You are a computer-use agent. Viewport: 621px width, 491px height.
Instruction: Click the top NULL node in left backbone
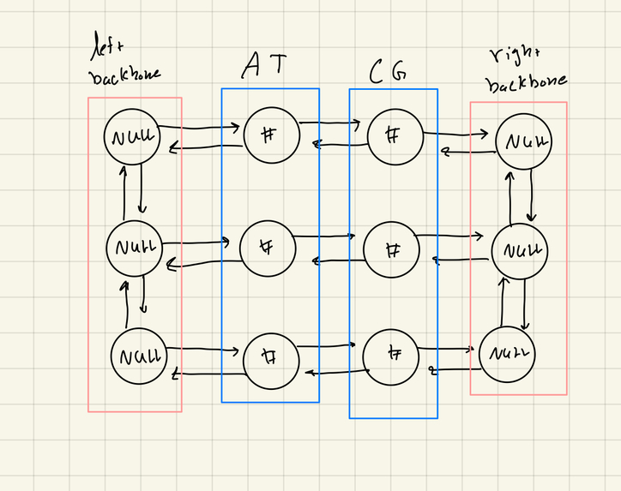pos(132,137)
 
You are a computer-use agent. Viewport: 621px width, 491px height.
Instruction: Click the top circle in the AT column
pos(271,134)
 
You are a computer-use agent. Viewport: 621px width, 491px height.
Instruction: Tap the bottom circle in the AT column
pos(270,359)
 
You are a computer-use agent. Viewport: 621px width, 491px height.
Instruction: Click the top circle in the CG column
pos(395,135)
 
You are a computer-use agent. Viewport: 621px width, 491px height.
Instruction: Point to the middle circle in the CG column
pos(392,250)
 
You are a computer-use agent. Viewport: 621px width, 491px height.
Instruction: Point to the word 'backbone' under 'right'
pos(525,83)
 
